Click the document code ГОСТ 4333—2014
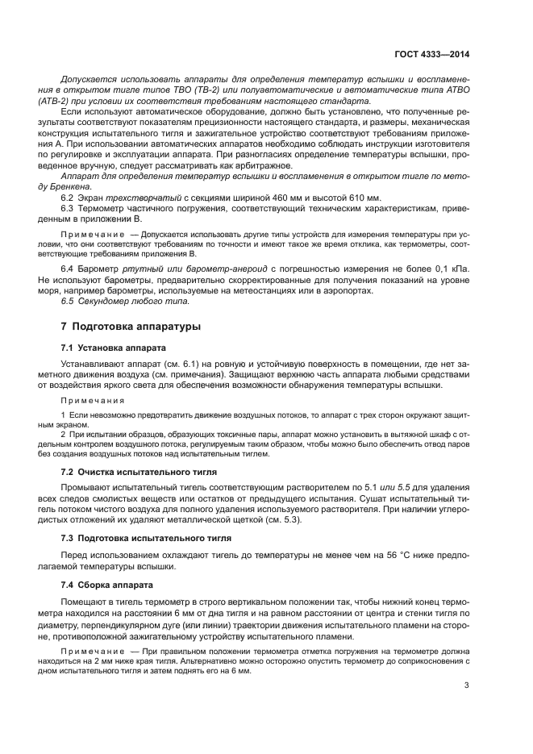[x=433, y=55]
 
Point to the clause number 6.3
[x=68, y=209]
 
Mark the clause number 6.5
[x=68, y=301]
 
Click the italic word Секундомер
[x=106, y=301]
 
